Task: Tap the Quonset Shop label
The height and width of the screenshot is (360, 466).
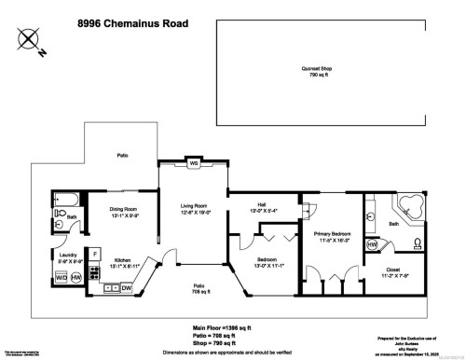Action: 321,70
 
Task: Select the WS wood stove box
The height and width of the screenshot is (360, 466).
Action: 194,164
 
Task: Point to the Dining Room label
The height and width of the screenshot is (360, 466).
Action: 124,211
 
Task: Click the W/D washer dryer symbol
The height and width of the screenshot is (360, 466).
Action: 62,277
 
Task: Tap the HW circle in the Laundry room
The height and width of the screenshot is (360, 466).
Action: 77,277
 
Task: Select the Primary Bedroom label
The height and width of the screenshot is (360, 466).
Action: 331,236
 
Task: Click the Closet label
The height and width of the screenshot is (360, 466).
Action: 398,272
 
